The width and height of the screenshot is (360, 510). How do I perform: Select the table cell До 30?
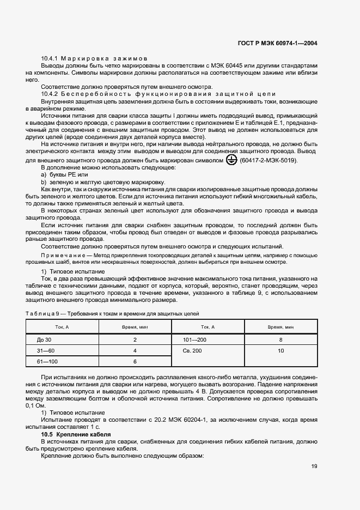pyautogui.click(x=44, y=339)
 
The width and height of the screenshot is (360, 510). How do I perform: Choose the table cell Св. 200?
pyautogui.click(x=193, y=350)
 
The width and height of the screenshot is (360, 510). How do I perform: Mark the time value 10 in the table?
pyautogui.click(x=280, y=350)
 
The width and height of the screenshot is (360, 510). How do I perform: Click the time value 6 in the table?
pyautogui.click(x=135, y=361)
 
